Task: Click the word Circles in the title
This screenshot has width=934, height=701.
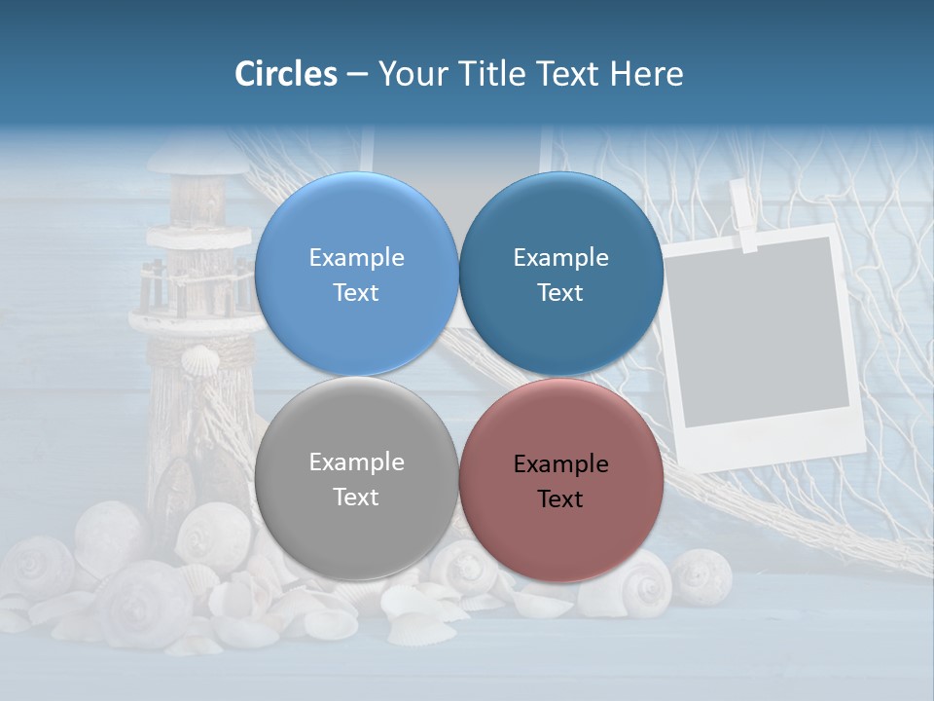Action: pyautogui.click(x=286, y=74)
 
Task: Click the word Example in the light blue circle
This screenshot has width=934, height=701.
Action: pyautogui.click(x=356, y=258)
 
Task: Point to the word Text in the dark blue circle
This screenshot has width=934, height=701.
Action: pyautogui.click(x=560, y=293)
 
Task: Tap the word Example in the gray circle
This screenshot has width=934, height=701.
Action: pyautogui.click(x=356, y=462)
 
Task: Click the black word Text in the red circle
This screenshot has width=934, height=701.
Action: pyautogui.click(x=560, y=499)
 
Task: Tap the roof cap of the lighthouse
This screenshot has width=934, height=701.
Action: pyautogui.click(x=198, y=156)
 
